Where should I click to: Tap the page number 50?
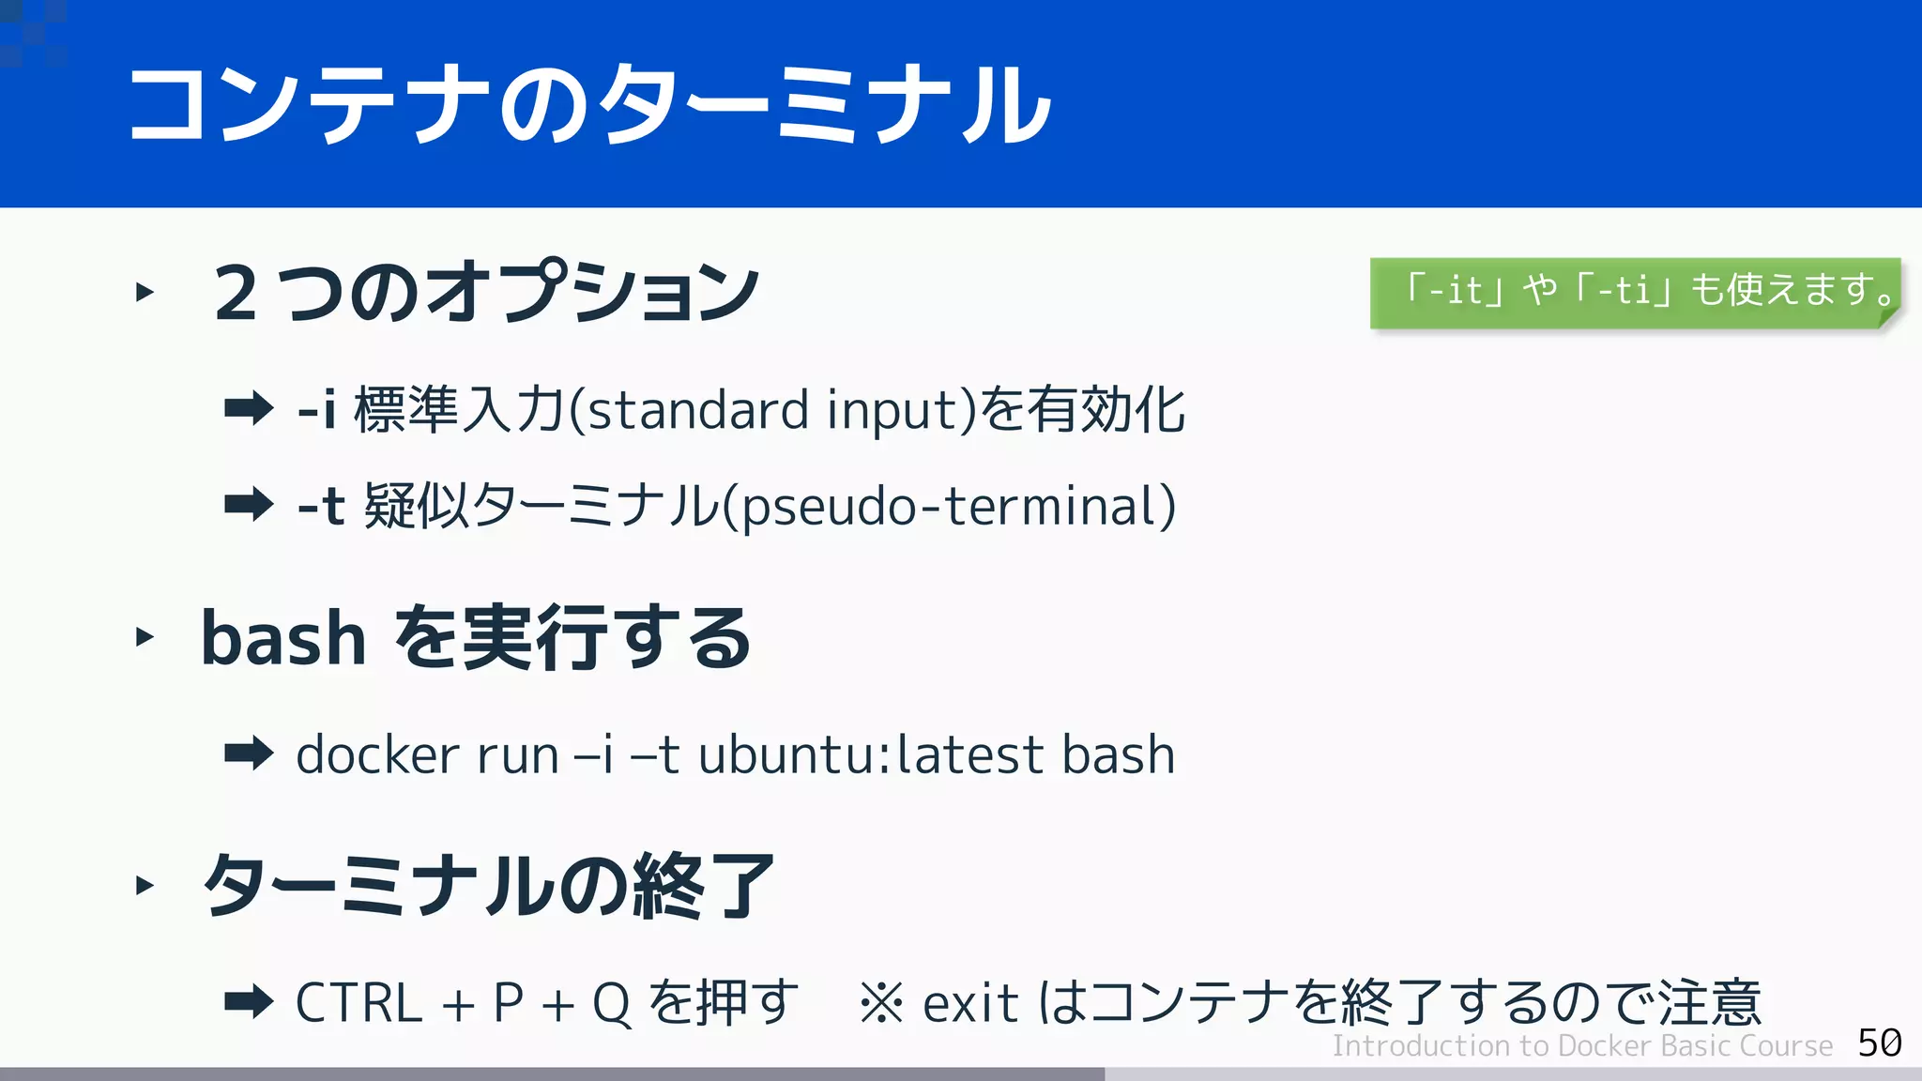coord(1879,1043)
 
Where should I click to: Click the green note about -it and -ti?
coord(1635,291)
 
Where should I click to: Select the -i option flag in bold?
coord(316,410)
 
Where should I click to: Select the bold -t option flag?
coord(321,506)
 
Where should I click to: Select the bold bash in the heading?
coord(282,638)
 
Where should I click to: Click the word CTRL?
coord(358,1002)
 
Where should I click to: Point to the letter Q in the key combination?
coord(611,1003)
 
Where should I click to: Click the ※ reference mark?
coord(880,1003)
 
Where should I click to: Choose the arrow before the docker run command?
coord(249,753)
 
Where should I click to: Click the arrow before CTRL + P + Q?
coord(249,1001)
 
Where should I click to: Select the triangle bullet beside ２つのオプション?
coord(145,292)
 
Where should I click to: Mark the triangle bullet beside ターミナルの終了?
coord(145,885)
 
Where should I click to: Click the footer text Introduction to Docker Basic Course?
coord(1581,1045)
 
